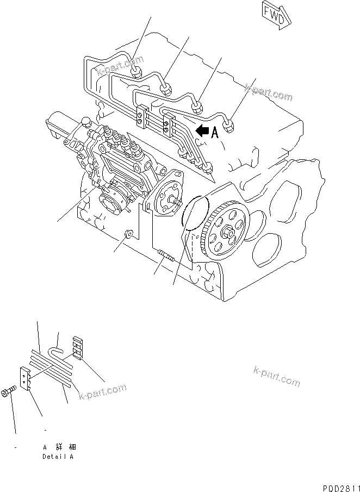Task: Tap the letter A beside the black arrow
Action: tap(214, 132)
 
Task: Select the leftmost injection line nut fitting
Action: tap(136, 71)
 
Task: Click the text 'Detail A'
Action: tap(58, 457)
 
